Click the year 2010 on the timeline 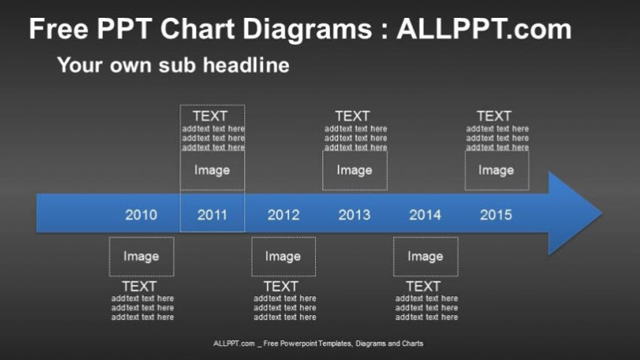141,215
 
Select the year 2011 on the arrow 212,215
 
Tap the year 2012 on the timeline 283,215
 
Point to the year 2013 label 354,215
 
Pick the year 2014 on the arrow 425,215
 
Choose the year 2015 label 495,215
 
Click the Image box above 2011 212,170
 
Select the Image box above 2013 355,170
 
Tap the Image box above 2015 496,170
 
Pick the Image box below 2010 141,257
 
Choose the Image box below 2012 283,257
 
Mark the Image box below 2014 425,257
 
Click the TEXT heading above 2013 352,116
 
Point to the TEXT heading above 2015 494,116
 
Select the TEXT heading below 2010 139,286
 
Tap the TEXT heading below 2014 423,286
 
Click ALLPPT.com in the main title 483,30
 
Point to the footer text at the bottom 318,343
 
